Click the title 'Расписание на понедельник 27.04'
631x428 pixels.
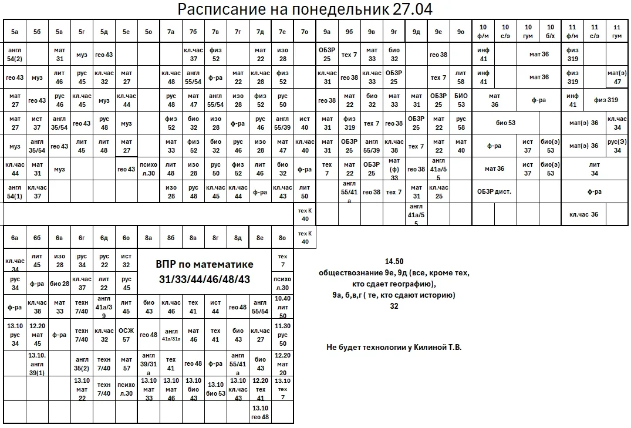click(x=305, y=9)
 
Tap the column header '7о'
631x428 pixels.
click(x=304, y=31)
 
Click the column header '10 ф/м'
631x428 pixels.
click(x=483, y=31)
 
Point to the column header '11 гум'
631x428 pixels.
click(x=617, y=31)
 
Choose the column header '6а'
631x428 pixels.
click(x=15, y=238)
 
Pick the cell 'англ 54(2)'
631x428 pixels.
click(x=15, y=55)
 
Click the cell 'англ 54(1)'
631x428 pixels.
click(x=15, y=191)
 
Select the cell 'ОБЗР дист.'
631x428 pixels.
click(x=494, y=191)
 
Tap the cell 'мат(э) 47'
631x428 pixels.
click(x=617, y=77)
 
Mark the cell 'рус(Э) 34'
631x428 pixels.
click(x=617, y=146)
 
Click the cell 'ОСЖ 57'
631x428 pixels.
click(x=126, y=335)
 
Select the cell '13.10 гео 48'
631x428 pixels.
click(x=260, y=413)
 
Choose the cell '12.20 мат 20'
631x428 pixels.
click(x=283, y=363)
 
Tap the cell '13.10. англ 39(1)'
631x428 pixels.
click(x=37, y=363)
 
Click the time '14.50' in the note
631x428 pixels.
click(x=394, y=261)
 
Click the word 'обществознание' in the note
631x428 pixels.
click(x=347, y=273)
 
